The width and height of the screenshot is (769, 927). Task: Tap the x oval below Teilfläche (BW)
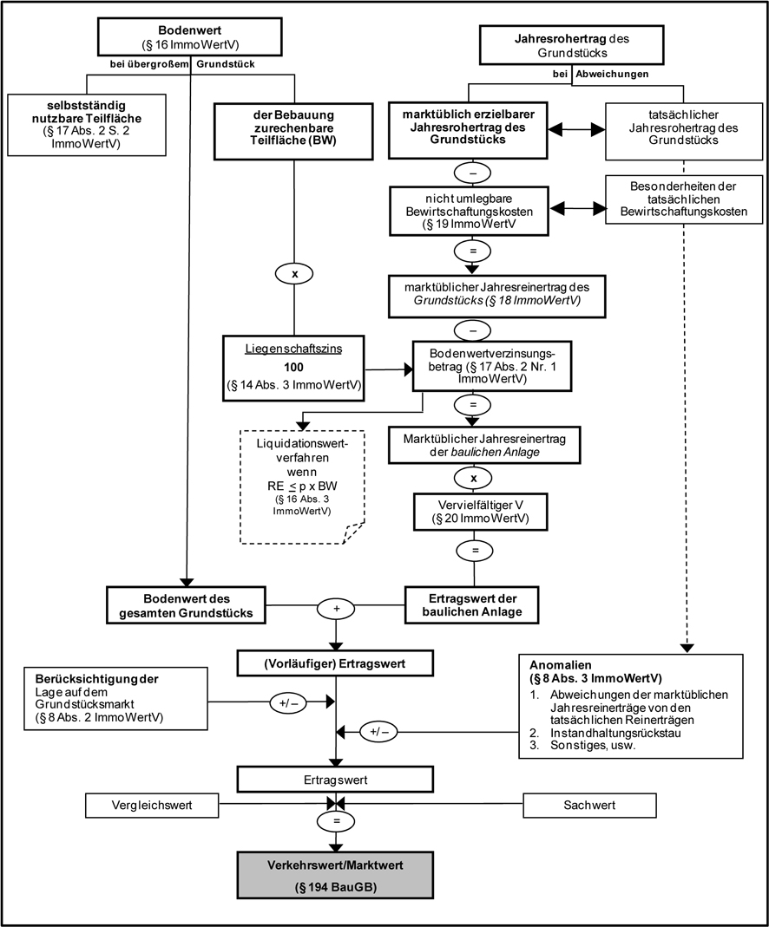(293, 272)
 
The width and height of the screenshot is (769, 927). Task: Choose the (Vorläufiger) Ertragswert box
(334, 665)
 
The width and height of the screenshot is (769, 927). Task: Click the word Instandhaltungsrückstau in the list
(599, 734)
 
